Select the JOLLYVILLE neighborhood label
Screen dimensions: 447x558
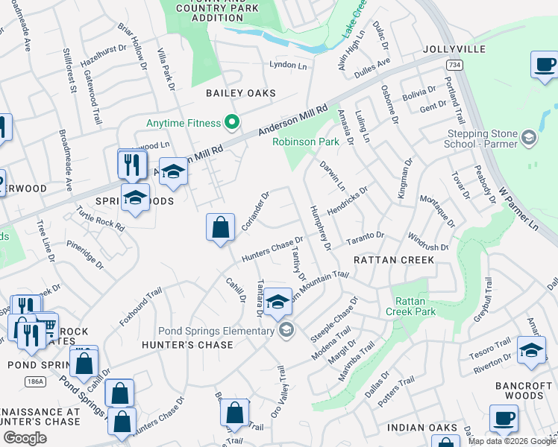tap(454, 49)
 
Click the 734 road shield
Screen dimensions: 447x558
tap(453, 66)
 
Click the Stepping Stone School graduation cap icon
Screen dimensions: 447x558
tap(528, 138)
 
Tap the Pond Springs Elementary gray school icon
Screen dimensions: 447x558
tap(285, 330)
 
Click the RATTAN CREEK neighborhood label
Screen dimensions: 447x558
tap(393, 260)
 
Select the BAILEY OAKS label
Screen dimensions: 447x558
tap(241, 94)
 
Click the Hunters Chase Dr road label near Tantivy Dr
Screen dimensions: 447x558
tap(272, 250)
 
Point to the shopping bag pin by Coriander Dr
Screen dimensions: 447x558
tap(221, 226)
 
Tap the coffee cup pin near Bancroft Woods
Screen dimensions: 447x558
tap(504, 418)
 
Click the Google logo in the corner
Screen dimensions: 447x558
tap(25, 438)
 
